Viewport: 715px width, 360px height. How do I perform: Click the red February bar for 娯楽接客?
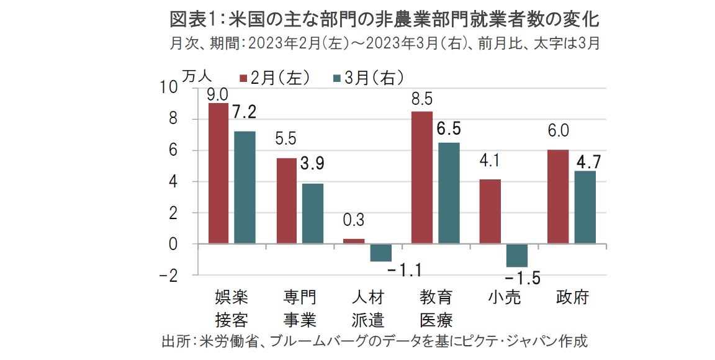pyautogui.click(x=218, y=173)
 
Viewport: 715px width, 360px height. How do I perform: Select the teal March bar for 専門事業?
pyautogui.click(x=313, y=214)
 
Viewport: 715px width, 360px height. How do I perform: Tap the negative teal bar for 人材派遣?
pyautogui.click(x=380, y=253)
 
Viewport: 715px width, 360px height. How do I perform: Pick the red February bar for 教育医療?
pyautogui.click(x=421, y=178)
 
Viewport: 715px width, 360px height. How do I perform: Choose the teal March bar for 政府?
pyautogui.click(x=584, y=207)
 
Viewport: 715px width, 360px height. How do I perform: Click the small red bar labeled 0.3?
pyautogui.click(x=354, y=241)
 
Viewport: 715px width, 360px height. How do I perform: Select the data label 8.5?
pyautogui.click(x=422, y=99)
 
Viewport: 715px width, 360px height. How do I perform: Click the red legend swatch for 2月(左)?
pyautogui.click(x=244, y=78)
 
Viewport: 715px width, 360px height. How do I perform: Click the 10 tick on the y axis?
pyautogui.click(x=169, y=88)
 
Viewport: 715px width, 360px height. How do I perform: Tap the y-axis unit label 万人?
pyautogui.click(x=197, y=74)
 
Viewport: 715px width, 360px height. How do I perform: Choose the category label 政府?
pyautogui.click(x=572, y=297)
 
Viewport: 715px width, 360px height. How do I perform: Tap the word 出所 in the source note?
pyautogui.click(x=176, y=341)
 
